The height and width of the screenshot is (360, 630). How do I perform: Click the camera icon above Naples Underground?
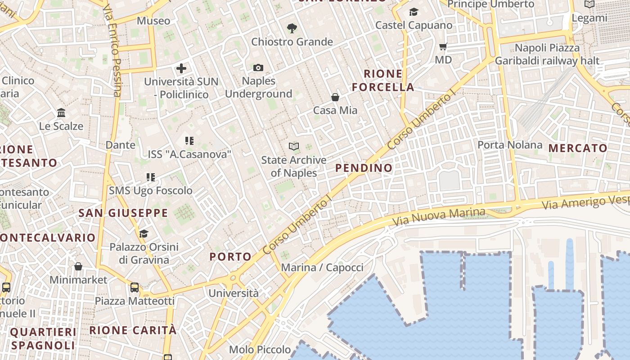258,68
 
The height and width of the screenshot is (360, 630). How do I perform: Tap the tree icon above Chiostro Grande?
292,28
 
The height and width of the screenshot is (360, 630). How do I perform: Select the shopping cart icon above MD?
443,46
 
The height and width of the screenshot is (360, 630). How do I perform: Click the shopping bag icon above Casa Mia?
335,97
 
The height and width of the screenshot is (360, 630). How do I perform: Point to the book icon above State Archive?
294,147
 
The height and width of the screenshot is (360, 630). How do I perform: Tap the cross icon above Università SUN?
181,68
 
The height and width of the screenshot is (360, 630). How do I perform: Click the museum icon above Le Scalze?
61,112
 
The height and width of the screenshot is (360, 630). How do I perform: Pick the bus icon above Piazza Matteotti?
135,288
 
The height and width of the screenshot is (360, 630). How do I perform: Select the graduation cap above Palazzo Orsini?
144,234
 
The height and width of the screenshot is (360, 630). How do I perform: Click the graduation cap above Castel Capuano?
414,12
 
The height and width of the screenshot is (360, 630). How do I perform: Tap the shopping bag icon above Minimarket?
78,266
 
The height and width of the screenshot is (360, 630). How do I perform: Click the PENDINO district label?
364,168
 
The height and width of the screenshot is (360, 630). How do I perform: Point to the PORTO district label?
230,257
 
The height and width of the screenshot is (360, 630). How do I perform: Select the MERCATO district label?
578,148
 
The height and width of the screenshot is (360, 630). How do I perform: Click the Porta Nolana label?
510,145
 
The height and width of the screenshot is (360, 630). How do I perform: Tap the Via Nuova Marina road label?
439,217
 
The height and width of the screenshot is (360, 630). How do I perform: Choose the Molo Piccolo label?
260,350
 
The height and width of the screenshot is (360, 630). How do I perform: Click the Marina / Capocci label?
322,268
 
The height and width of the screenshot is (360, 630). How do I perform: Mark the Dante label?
120,145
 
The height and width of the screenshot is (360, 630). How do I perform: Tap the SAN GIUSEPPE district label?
123,213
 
